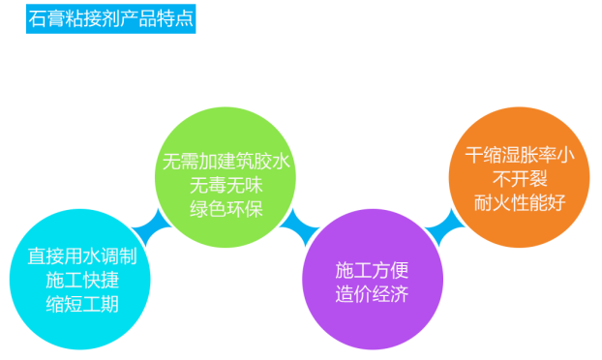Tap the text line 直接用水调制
[81, 258]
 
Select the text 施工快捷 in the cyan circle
[81, 281]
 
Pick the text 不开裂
[514, 179]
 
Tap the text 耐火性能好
[514, 202]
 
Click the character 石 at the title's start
[39, 18]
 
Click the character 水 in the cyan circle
[93, 258]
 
